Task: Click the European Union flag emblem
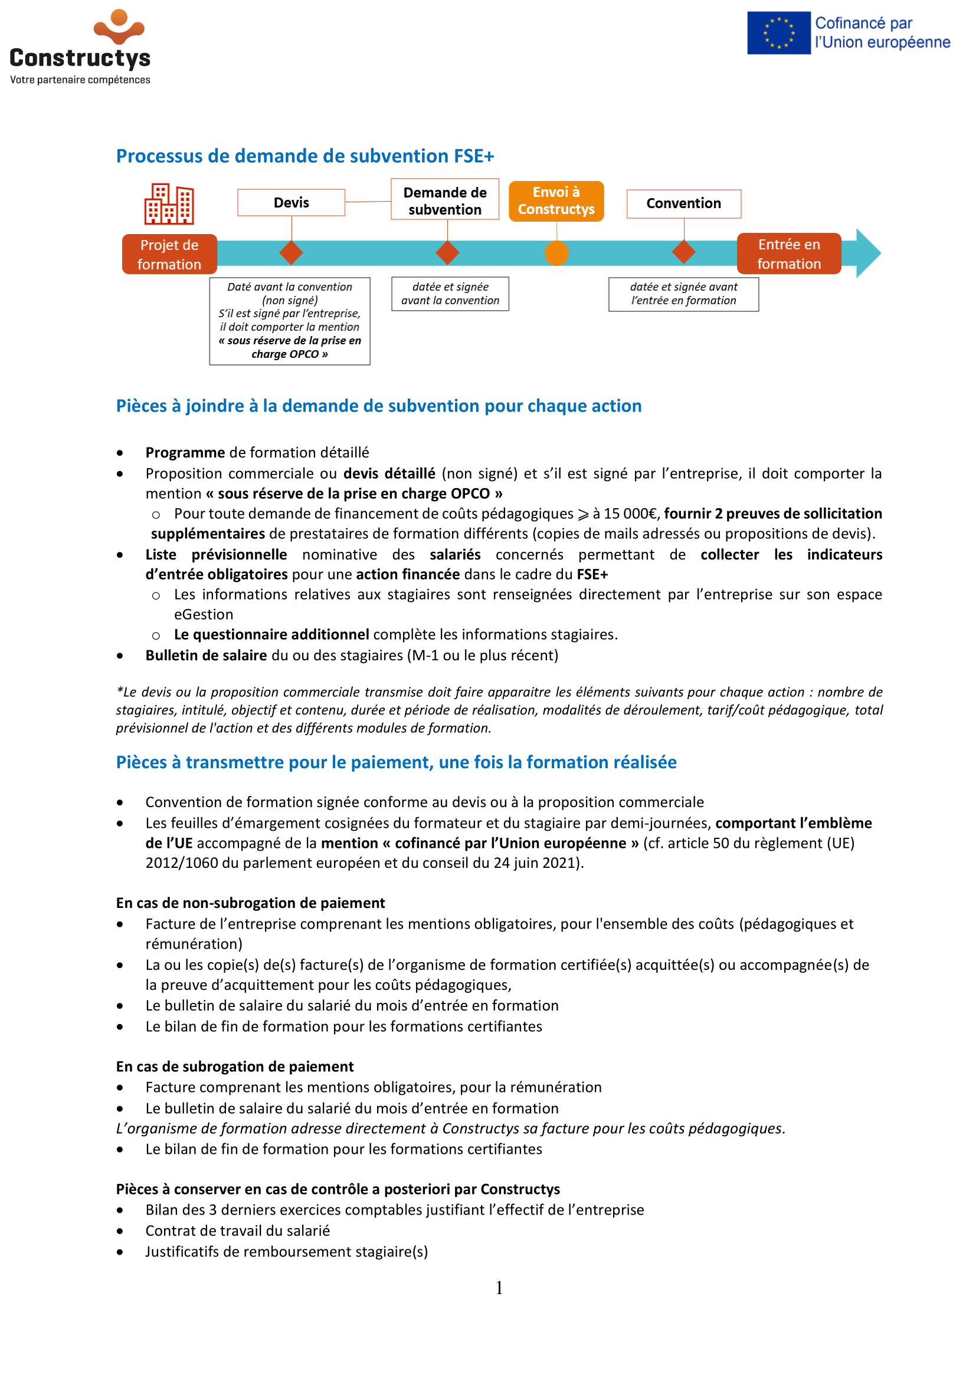point(778,33)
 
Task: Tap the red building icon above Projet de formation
point(169,204)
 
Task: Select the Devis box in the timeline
point(291,202)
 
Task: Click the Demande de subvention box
point(445,200)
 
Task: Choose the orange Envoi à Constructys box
point(556,200)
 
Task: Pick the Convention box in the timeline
point(683,203)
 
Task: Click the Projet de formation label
point(169,255)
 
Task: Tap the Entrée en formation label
point(788,254)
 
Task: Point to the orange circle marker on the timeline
point(556,253)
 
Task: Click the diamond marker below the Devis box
point(292,253)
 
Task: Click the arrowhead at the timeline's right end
point(868,253)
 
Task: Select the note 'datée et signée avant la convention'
point(450,294)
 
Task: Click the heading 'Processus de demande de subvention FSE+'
point(304,156)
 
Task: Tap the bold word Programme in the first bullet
point(185,452)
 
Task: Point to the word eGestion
point(204,614)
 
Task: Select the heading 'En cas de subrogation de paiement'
point(234,1067)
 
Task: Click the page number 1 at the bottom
point(499,1288)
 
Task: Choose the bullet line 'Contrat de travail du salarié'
point(237,1230)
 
